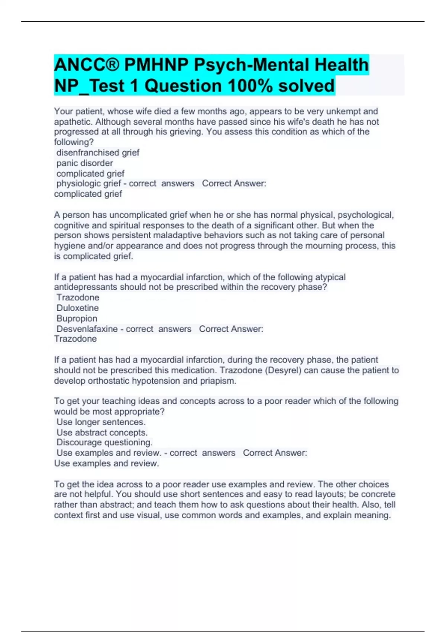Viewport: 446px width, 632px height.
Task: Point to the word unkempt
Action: coord(344,112)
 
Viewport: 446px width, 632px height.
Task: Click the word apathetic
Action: coord(73,122)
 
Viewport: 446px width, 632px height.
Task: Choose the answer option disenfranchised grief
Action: coord(98,152)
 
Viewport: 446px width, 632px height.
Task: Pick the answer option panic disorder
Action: coord(85,163)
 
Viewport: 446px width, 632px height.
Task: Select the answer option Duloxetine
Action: coord(78,308)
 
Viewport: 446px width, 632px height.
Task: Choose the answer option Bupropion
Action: coord(77,318)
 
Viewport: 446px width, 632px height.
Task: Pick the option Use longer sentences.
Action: coord(101,422)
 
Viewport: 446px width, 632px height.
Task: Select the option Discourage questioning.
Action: coord(104,442)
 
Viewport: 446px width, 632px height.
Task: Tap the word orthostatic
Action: coord(109,381)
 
